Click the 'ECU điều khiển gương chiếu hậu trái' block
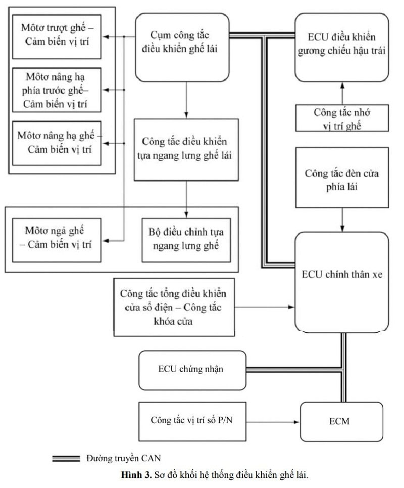point(342,48)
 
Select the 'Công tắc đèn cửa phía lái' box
point(342,178)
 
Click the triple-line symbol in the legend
point(66,459)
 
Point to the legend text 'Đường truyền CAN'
point(123,459)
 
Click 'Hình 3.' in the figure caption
point(132,475)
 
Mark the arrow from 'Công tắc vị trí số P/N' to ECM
point(273,420)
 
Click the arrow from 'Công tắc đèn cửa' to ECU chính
point(342,220)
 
